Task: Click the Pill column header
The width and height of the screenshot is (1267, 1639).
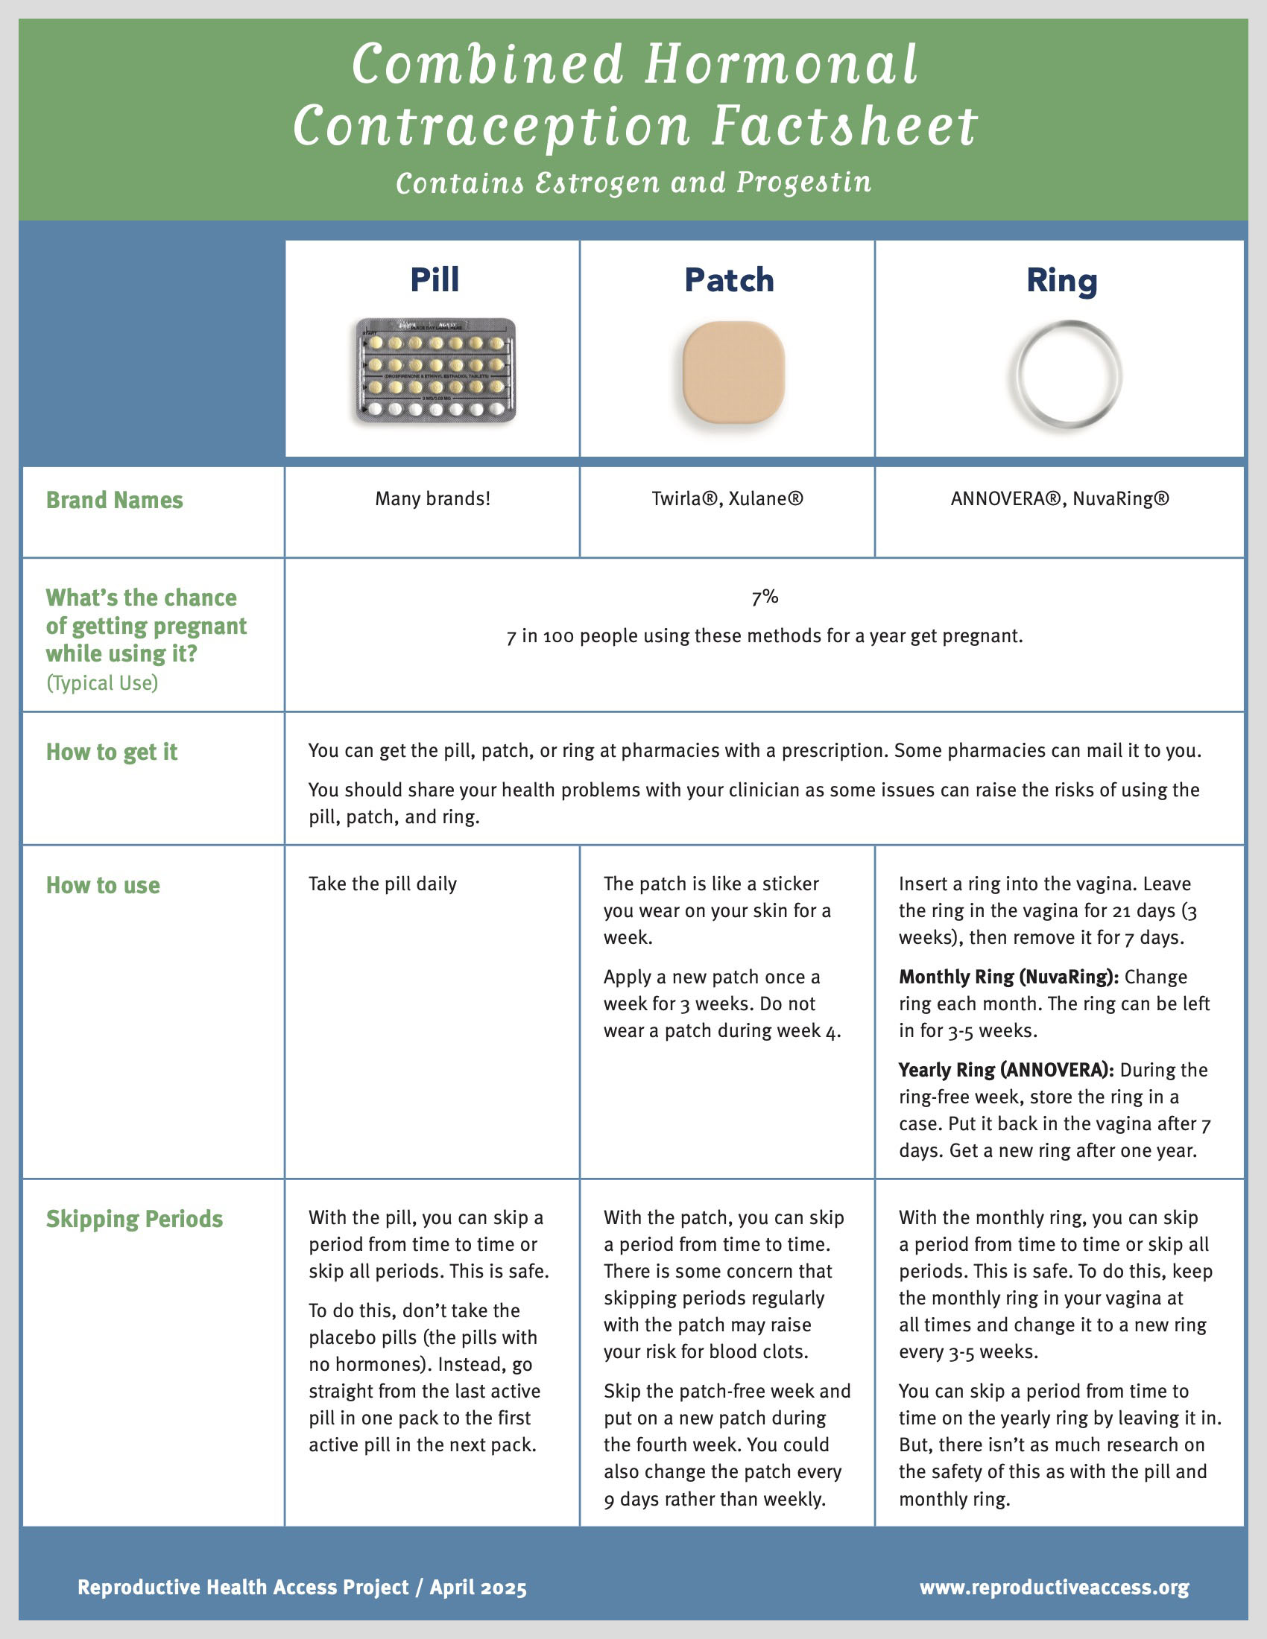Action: [435, 280]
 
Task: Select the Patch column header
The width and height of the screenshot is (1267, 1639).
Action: [729, 281]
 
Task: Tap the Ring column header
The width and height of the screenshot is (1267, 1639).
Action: [1061, 282]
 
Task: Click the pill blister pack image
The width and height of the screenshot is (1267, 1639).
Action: [435, 370]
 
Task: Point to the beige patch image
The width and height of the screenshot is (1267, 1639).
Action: [733, 372]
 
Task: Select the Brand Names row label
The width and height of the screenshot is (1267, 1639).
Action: [114, 500]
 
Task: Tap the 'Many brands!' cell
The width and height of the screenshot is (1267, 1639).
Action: [432, 498]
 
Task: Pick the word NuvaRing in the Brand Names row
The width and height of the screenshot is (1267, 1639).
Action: [1120, 499]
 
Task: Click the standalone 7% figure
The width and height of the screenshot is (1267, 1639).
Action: [765, 597]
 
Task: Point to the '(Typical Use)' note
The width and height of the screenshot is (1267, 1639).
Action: [102, 683]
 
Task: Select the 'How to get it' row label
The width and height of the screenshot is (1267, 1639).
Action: [112, 752]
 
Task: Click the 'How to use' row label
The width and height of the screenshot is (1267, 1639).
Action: [103, 886]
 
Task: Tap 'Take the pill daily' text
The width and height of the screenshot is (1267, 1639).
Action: [383, 884]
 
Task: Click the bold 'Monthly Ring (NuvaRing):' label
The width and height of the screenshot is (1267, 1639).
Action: [1009, 977]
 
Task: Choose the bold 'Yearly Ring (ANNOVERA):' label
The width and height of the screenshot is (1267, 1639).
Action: [1006, 1070]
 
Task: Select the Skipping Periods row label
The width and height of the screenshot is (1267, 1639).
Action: [134, 1219]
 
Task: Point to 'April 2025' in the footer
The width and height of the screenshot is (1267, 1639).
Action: [478, 1588]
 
